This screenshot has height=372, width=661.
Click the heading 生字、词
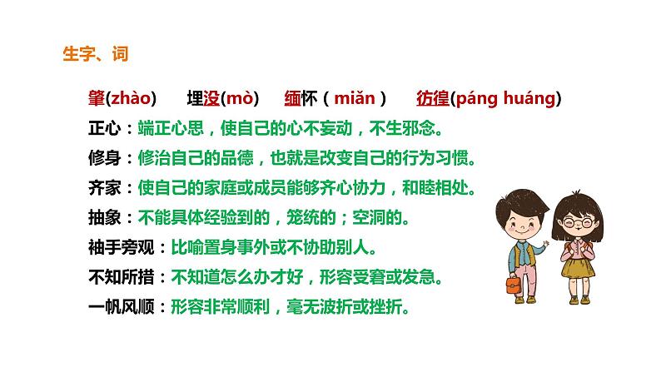[x=96, y=54]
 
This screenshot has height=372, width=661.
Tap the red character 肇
[x=97, y=99]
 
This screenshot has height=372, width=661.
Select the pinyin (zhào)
[x=132, y=99]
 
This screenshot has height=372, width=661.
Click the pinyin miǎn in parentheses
[x=355, y=99]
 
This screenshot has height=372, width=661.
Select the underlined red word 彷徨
[x=432, y=99]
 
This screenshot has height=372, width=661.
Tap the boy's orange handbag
[x=512, y=285]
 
